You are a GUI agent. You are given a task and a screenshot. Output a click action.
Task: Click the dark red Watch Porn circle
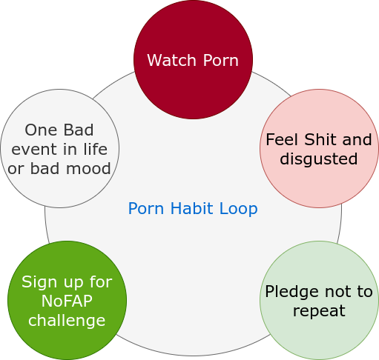pyautogui.click(x=193, y=59)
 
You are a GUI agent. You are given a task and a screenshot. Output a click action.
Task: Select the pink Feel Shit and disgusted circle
pyautogui.click(x=319, y=148)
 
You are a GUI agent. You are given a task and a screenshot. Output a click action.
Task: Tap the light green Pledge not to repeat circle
pyautogui.click(x=319, y=300)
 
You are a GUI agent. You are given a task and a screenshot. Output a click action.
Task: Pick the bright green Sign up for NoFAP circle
pyautogui.click(x=67, y=300)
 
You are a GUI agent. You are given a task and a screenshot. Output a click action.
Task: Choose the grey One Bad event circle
pyautogui.click(x=59, y=148)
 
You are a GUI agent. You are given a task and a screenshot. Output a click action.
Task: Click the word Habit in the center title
pyautogui.click(x=191, y=208)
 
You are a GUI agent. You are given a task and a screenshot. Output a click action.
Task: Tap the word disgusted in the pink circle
pyautogui.click(x=319, y=159)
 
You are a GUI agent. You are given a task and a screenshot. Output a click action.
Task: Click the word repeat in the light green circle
pyautogui.click(x=319, y=311)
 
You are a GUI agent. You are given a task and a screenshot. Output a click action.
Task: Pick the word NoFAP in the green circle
pyautogui.click(x=67, y=301)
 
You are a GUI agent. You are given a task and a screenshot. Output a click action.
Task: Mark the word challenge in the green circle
pyautogui.click(x=67, y=321)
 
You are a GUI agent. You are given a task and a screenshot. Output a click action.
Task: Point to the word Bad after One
pyautogui.click(x=79, y=130)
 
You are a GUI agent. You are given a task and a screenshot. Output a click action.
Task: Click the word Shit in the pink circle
pyautogui.click(x=320, y=140)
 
